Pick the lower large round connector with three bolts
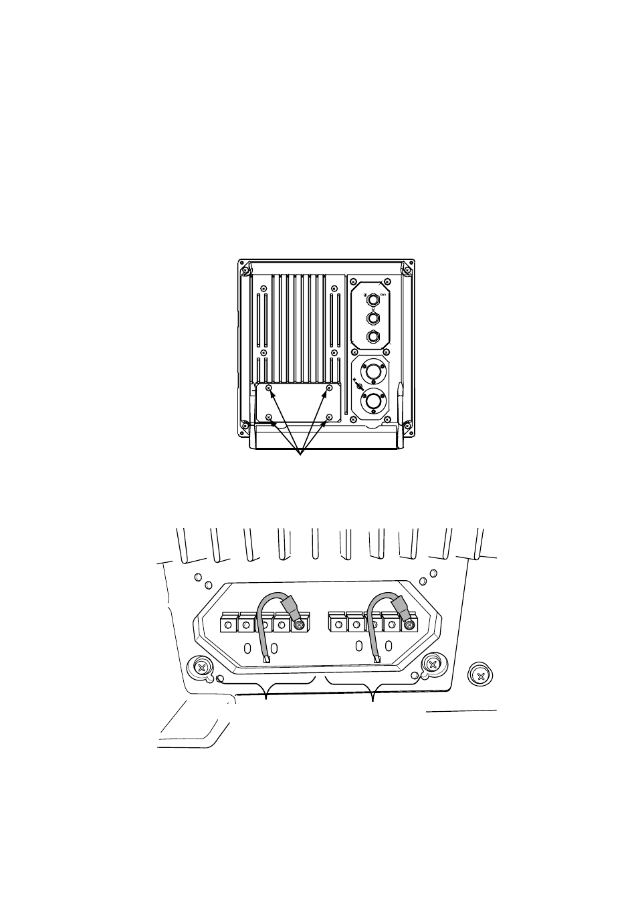371,402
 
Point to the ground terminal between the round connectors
359,387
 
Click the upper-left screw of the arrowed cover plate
269,388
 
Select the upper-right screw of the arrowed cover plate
328,388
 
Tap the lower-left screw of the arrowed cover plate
269,418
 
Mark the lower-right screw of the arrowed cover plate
328,418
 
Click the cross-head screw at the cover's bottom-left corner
201,666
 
